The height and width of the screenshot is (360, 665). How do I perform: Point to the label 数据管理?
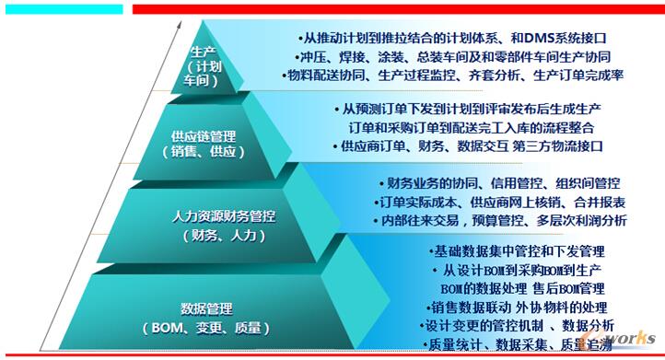coord(206,308)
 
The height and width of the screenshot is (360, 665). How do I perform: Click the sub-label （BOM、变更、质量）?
coord(206,327)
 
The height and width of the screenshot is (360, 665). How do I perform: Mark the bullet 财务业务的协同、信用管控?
coord(498,183)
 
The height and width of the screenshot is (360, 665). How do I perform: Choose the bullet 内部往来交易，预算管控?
coord(501,220)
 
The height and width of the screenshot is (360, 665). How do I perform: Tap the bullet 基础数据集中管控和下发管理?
coord(516,250)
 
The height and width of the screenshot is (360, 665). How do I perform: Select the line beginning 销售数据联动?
coord(517,308)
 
